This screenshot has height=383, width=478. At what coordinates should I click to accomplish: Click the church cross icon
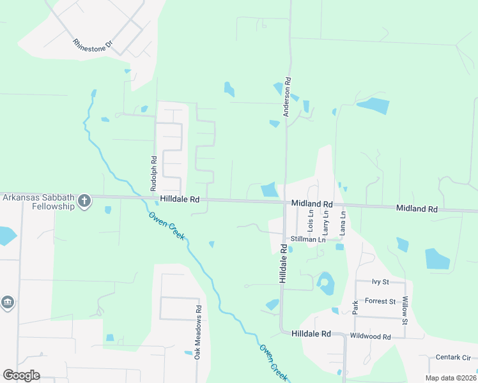(x=84, y=202)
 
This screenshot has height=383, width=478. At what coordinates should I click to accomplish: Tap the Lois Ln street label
(x=311, y=221)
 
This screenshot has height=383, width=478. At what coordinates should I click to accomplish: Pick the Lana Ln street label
(x=343, y=221)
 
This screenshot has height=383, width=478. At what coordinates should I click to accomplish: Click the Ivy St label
(x=381, y=282)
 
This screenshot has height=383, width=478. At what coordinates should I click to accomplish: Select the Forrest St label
(x=382, y=301)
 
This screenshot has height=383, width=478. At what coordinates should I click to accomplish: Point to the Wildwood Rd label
(x=371, y=336)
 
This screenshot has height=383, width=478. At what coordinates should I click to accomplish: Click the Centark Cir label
(x=453, y=357)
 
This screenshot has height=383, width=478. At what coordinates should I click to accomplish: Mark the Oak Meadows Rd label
(x=198, y=336)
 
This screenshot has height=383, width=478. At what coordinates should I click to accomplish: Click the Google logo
(x=21, y=375)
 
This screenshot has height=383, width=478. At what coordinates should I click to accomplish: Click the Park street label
(x=356, y=307)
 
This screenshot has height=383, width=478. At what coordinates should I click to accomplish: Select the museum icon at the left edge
(x=7, y=302)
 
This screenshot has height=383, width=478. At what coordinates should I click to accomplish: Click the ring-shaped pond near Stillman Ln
(x=325, y=283)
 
